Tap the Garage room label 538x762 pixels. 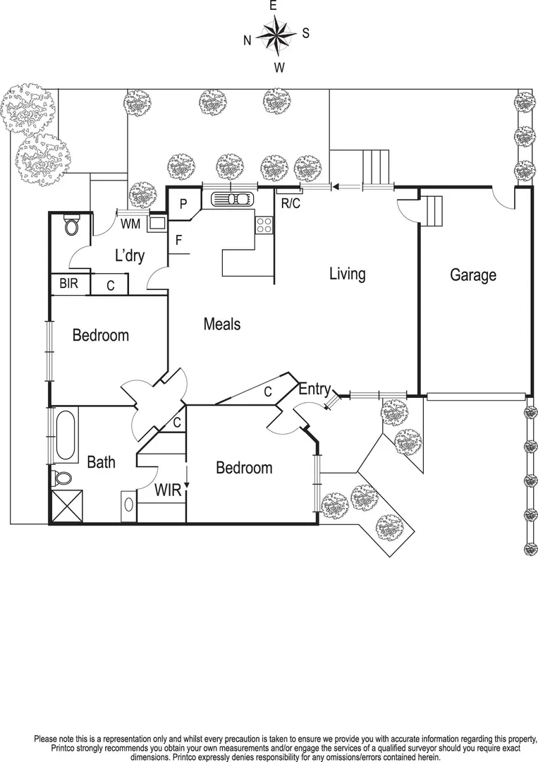[x=473, y=275]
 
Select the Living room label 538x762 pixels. [x=347, y=274]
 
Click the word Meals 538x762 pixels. [x=221, y=324]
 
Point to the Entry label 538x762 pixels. [x=314, y=389]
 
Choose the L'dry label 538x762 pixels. [x=130, y=255]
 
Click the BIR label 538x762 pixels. [x=68, y=284]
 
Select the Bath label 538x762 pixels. [x=101, y=463]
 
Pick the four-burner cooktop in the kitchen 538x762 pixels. [x=264, y=225]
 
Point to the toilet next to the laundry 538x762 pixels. [x=71, y=224]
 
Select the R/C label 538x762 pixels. [x=290, y=205]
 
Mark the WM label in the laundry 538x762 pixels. [x=130, y=224]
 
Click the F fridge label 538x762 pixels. [x=179, y=240]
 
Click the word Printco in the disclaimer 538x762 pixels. [x=68, y=747]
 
